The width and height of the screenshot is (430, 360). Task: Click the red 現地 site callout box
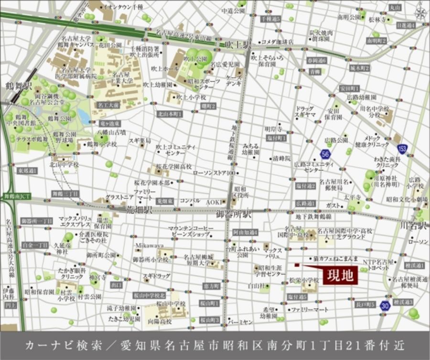click(x=340, y=276)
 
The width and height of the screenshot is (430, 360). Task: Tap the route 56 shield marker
click(x=326, y=153)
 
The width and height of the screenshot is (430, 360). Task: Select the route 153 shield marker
click(x=403, y=149)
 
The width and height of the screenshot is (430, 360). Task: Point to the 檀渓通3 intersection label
click(x=403, y=302)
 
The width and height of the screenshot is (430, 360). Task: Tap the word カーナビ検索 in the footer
click(x=54, y=346)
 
